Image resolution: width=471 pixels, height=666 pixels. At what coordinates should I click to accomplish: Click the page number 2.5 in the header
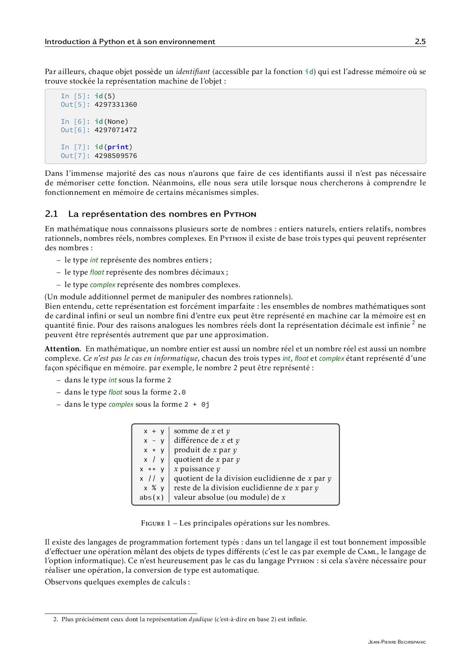point(420,42)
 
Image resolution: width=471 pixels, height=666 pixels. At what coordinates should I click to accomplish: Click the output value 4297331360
point(115,104)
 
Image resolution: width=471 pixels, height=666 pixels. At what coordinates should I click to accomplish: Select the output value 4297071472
point(115,130)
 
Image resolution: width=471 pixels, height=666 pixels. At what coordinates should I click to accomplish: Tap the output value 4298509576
point(115,156)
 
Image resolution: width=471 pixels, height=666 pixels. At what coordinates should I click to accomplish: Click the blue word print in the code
point(118,147)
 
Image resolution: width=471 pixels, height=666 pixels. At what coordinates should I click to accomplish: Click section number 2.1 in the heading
point(51,214)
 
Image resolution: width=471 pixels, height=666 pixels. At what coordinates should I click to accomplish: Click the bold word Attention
point(62,349)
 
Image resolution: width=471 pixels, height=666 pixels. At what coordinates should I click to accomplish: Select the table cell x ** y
point(152,469)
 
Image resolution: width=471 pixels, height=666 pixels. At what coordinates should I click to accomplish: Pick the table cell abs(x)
point(152,497)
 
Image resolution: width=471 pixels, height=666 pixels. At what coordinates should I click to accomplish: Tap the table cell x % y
point(153,488)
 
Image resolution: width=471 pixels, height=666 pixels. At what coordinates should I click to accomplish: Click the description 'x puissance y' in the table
point(197,469)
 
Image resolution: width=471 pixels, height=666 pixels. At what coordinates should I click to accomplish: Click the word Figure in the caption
point(153,523)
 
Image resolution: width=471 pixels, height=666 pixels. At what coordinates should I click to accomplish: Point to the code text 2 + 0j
point(196,405)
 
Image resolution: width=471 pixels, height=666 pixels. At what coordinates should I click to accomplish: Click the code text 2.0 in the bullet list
point(179,392)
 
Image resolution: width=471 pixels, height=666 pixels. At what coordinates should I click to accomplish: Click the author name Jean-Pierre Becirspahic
point(397,642)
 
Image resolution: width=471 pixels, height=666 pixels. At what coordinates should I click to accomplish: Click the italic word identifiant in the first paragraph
point(193,72)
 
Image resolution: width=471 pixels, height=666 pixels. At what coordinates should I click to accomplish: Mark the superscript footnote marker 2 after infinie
point(413,323)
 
